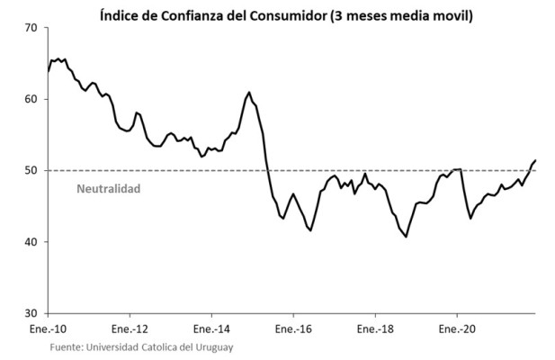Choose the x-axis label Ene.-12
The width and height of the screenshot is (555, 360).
(130, 329)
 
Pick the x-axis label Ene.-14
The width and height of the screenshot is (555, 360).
(212, 329)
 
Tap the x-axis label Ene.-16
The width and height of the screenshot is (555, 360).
(293, 329)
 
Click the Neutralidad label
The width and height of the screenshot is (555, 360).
(108, 189)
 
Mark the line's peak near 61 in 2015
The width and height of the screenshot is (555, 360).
(249, 92)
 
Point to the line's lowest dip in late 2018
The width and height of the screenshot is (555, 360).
(406, 237)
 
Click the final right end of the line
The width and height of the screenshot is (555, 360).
(536, 160)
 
